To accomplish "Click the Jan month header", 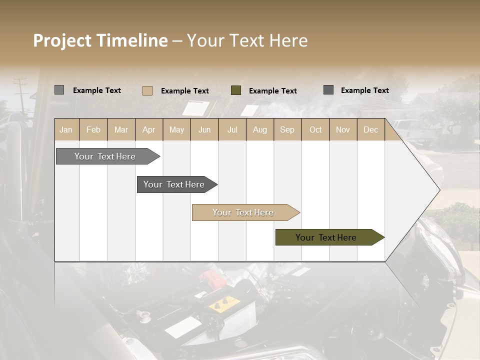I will coord(66,130).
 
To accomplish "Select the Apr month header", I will coord(148,130).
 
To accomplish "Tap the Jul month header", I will coord(232,130).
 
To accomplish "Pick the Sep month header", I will coord(287,130).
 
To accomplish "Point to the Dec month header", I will coord(370,130).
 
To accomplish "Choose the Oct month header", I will coord(315,130).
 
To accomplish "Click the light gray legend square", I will coord(59,90).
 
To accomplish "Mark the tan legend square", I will coord(147,90).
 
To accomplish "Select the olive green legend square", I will coord(236,90).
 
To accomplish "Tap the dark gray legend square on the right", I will coord(328,90).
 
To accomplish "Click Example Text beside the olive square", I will coord(272,91).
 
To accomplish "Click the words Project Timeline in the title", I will coord(100,40).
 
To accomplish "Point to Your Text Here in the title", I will coord(247,40).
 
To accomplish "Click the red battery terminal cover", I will coord(207,275).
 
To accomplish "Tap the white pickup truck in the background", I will coord(412,131).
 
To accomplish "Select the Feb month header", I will coord(93,130).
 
